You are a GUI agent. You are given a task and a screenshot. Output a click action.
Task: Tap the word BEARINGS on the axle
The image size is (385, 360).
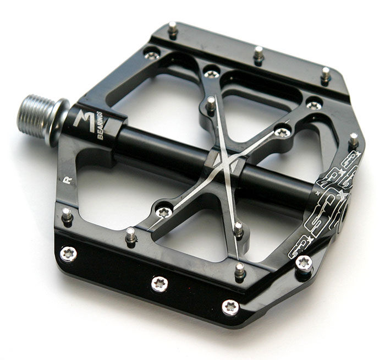100,126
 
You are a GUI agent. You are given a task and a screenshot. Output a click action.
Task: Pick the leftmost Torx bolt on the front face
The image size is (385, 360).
68,254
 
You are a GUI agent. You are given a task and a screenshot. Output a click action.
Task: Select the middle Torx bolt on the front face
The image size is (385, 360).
159,284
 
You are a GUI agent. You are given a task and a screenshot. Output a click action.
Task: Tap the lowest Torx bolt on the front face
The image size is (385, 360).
230,307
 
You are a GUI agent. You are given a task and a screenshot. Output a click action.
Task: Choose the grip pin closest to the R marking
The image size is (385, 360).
67,215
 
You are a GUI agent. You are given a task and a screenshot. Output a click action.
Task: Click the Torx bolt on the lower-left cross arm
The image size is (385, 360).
163,212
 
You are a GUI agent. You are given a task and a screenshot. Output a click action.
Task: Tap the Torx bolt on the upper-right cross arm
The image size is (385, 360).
282,132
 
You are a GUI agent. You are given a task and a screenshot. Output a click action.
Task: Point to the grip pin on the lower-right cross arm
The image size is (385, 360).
238,228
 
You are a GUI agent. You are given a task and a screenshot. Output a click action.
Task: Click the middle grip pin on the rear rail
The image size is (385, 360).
258,53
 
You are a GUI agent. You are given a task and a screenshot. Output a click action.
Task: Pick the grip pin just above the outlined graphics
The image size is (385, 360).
353,139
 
